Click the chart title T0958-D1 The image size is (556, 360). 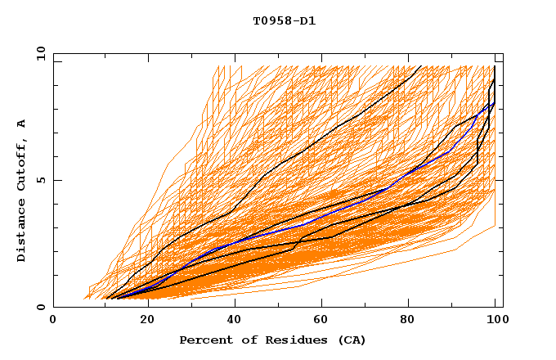click(284, 21)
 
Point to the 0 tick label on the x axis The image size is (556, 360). click(53, 321)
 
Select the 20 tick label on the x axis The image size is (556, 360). click(147, 321)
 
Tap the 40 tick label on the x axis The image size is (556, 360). click(235, 321)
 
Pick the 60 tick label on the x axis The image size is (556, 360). click(324, 321)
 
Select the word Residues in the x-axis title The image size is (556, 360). click(287, 340)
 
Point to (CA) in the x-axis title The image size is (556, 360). click(352, 340)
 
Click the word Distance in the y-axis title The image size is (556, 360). click(22, 232)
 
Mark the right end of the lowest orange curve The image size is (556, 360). click(495, 226)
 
